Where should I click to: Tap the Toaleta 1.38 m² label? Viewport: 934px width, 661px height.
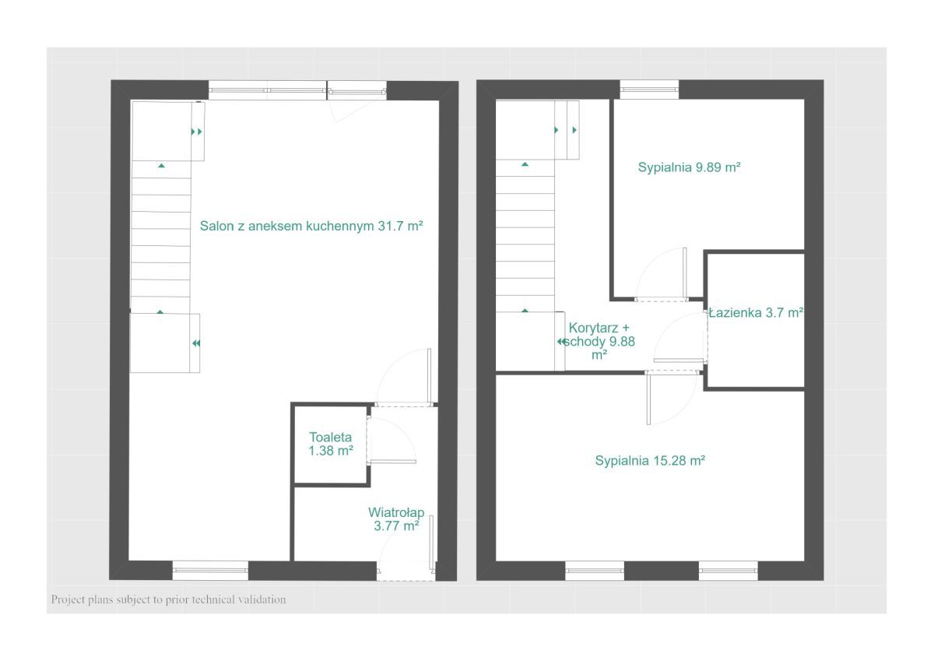(x=331, y=444)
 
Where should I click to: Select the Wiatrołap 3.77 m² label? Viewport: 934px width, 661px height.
(x=396, y=519)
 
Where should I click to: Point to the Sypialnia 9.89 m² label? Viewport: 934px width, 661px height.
(x=689, y=167)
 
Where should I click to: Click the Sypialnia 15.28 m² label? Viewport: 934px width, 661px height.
(x=650, y=461)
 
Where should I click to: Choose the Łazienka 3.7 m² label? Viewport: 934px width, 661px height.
(x=756, y=313)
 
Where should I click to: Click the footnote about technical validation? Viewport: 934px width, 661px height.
(x=168, y=599)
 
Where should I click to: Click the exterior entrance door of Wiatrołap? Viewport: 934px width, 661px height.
(x=406, y=548)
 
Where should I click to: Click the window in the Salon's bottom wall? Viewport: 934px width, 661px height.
(x=211, y=571)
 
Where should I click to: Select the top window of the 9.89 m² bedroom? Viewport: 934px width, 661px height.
(x=649, y=90)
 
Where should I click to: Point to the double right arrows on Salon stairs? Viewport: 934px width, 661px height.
(x=196, y=132)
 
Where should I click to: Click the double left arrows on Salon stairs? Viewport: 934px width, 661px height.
(x=196, y=343)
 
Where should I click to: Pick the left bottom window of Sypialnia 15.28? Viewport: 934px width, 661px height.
(x=595, y=571)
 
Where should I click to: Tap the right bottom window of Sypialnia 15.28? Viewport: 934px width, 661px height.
(x=728, y=571)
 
